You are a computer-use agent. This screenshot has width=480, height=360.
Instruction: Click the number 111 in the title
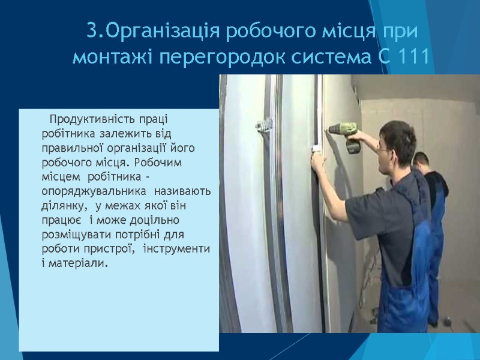(x=413, y=58)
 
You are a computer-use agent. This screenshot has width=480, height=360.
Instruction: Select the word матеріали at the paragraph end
(x=79, y=263)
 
